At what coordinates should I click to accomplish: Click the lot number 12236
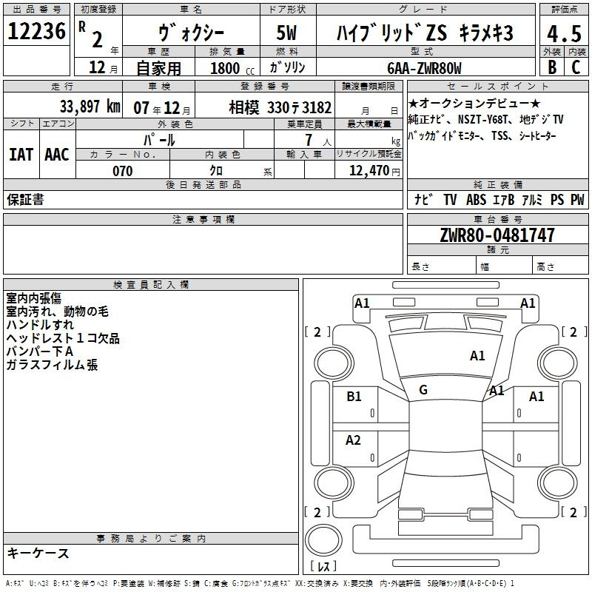click(36, 31)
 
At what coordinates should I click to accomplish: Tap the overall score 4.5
click(564, 34)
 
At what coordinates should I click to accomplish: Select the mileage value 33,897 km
click(90, 107)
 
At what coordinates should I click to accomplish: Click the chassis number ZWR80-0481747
click(497, 235)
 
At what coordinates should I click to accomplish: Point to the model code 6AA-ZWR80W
click(424, 68)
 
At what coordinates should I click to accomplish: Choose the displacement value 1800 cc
click(232, 68)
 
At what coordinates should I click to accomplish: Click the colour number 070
click(123, 171)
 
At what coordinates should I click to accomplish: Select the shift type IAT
click(21, 155)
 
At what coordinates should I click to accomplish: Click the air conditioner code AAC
click(57, 155)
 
